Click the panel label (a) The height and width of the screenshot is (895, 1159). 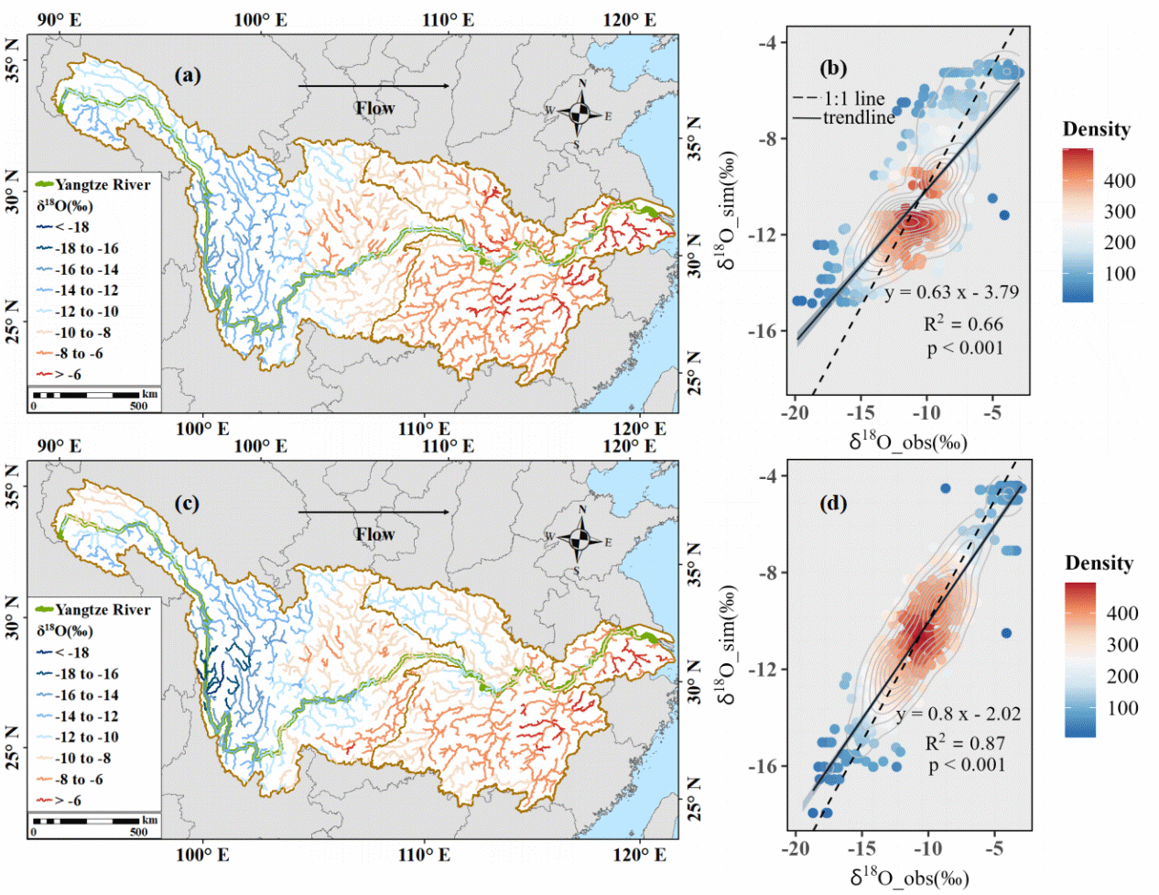click(189, 76)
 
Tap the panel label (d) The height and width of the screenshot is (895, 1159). click(833, 503)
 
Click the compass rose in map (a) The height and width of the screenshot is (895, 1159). click(580, 114)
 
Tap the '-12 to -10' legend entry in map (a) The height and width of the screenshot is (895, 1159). click(78, 311)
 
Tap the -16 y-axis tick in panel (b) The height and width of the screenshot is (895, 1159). click(766, 331)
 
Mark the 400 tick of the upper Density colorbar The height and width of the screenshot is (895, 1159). click(1120, 180)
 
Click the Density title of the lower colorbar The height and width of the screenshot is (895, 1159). click(1099, 562)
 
